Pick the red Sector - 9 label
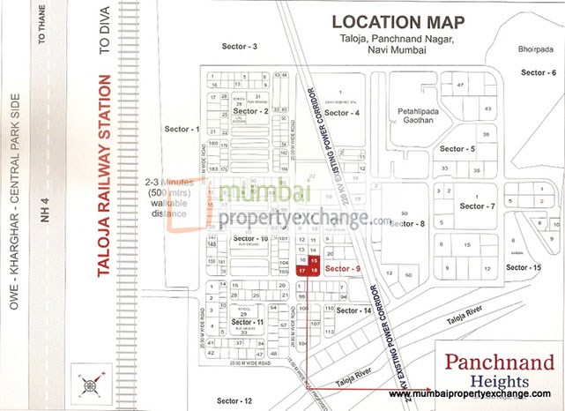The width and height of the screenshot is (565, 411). click(343, 266)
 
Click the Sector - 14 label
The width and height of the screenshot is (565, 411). click(353, 310)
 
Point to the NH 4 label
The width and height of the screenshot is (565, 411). click(44, 212)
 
